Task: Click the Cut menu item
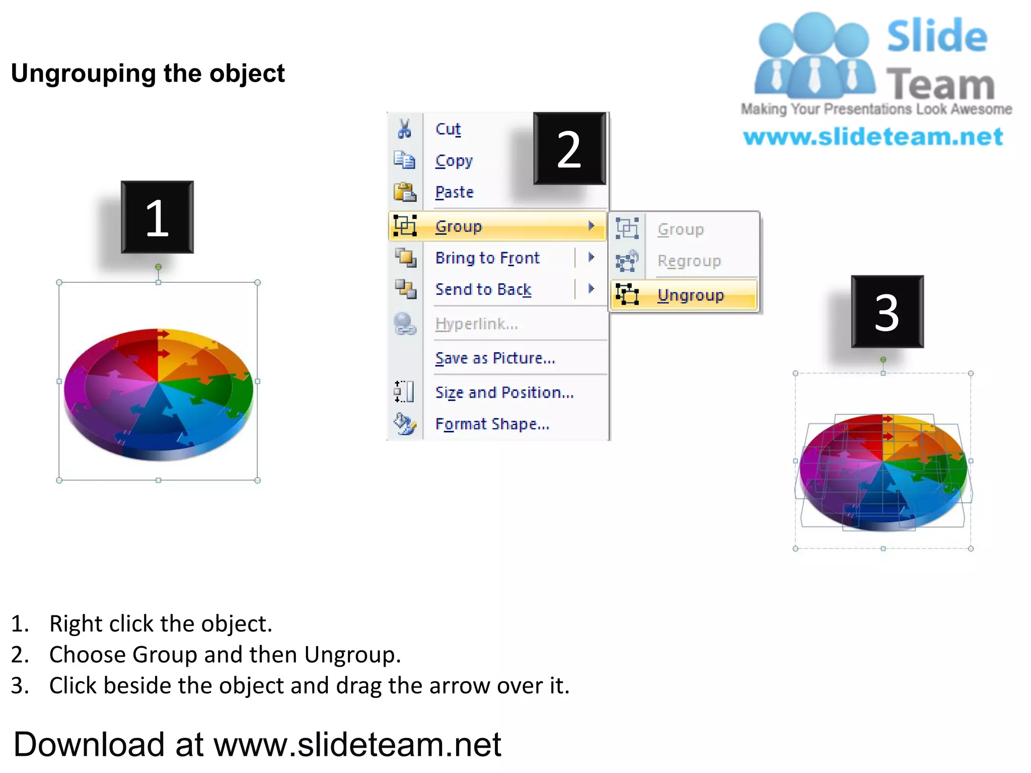[448, 129]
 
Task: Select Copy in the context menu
[454, 161]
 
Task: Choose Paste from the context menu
[454, 192]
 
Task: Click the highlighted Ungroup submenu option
[690, 295]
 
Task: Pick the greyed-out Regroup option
[689, 261]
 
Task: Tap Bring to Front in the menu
[487, 258]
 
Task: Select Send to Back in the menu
[483, 289]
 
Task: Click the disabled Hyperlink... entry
[476, 324]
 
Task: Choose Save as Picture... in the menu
[495, 358]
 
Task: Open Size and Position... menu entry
[504, 392]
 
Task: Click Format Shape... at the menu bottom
[492, 424]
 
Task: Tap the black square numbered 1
[157, 217]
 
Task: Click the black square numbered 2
[569, 148]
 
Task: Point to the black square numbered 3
[887, 312]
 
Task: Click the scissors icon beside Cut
[404, 129]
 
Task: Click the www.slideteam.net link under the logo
[873, 137]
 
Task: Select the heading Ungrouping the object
[148, 73]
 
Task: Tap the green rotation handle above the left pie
[158, 267]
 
